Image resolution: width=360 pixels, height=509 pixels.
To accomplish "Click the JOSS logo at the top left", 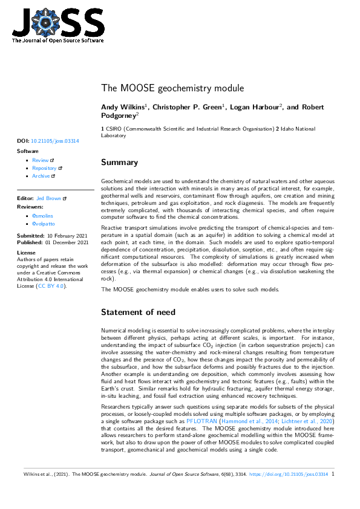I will (x=58, y=25).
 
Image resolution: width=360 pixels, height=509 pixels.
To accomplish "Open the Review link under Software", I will (x=41, y=160).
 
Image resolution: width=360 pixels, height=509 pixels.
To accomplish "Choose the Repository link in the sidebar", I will (x=45, y=168).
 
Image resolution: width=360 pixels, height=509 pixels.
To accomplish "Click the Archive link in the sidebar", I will (x=41, y=176).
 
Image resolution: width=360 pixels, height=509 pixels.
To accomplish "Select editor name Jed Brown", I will (x=48, y=198).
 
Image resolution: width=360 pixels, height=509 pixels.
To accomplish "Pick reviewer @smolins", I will (x=44, y=215).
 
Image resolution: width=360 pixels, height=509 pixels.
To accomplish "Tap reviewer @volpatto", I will (x=44, y=223).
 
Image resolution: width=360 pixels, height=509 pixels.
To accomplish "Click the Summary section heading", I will (x=119, y=163).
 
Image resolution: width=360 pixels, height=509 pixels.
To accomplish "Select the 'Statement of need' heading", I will (x=138, y=312).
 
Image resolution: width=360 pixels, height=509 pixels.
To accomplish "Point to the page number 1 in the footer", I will (x=333, y=475).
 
